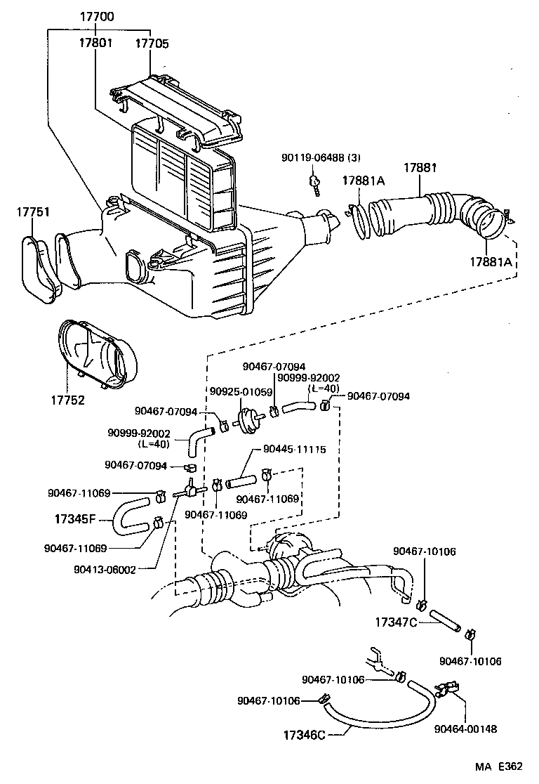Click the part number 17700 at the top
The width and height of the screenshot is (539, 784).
click(x=96, y=17)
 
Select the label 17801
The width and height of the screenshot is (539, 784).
click(x=96, y=44)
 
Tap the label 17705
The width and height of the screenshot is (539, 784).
click(x=152, y=44)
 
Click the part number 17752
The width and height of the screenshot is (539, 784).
click(x=67, y=400)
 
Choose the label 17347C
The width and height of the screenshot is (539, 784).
click(x=396, y=622)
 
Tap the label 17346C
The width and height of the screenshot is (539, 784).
click(x=304, y=735)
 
